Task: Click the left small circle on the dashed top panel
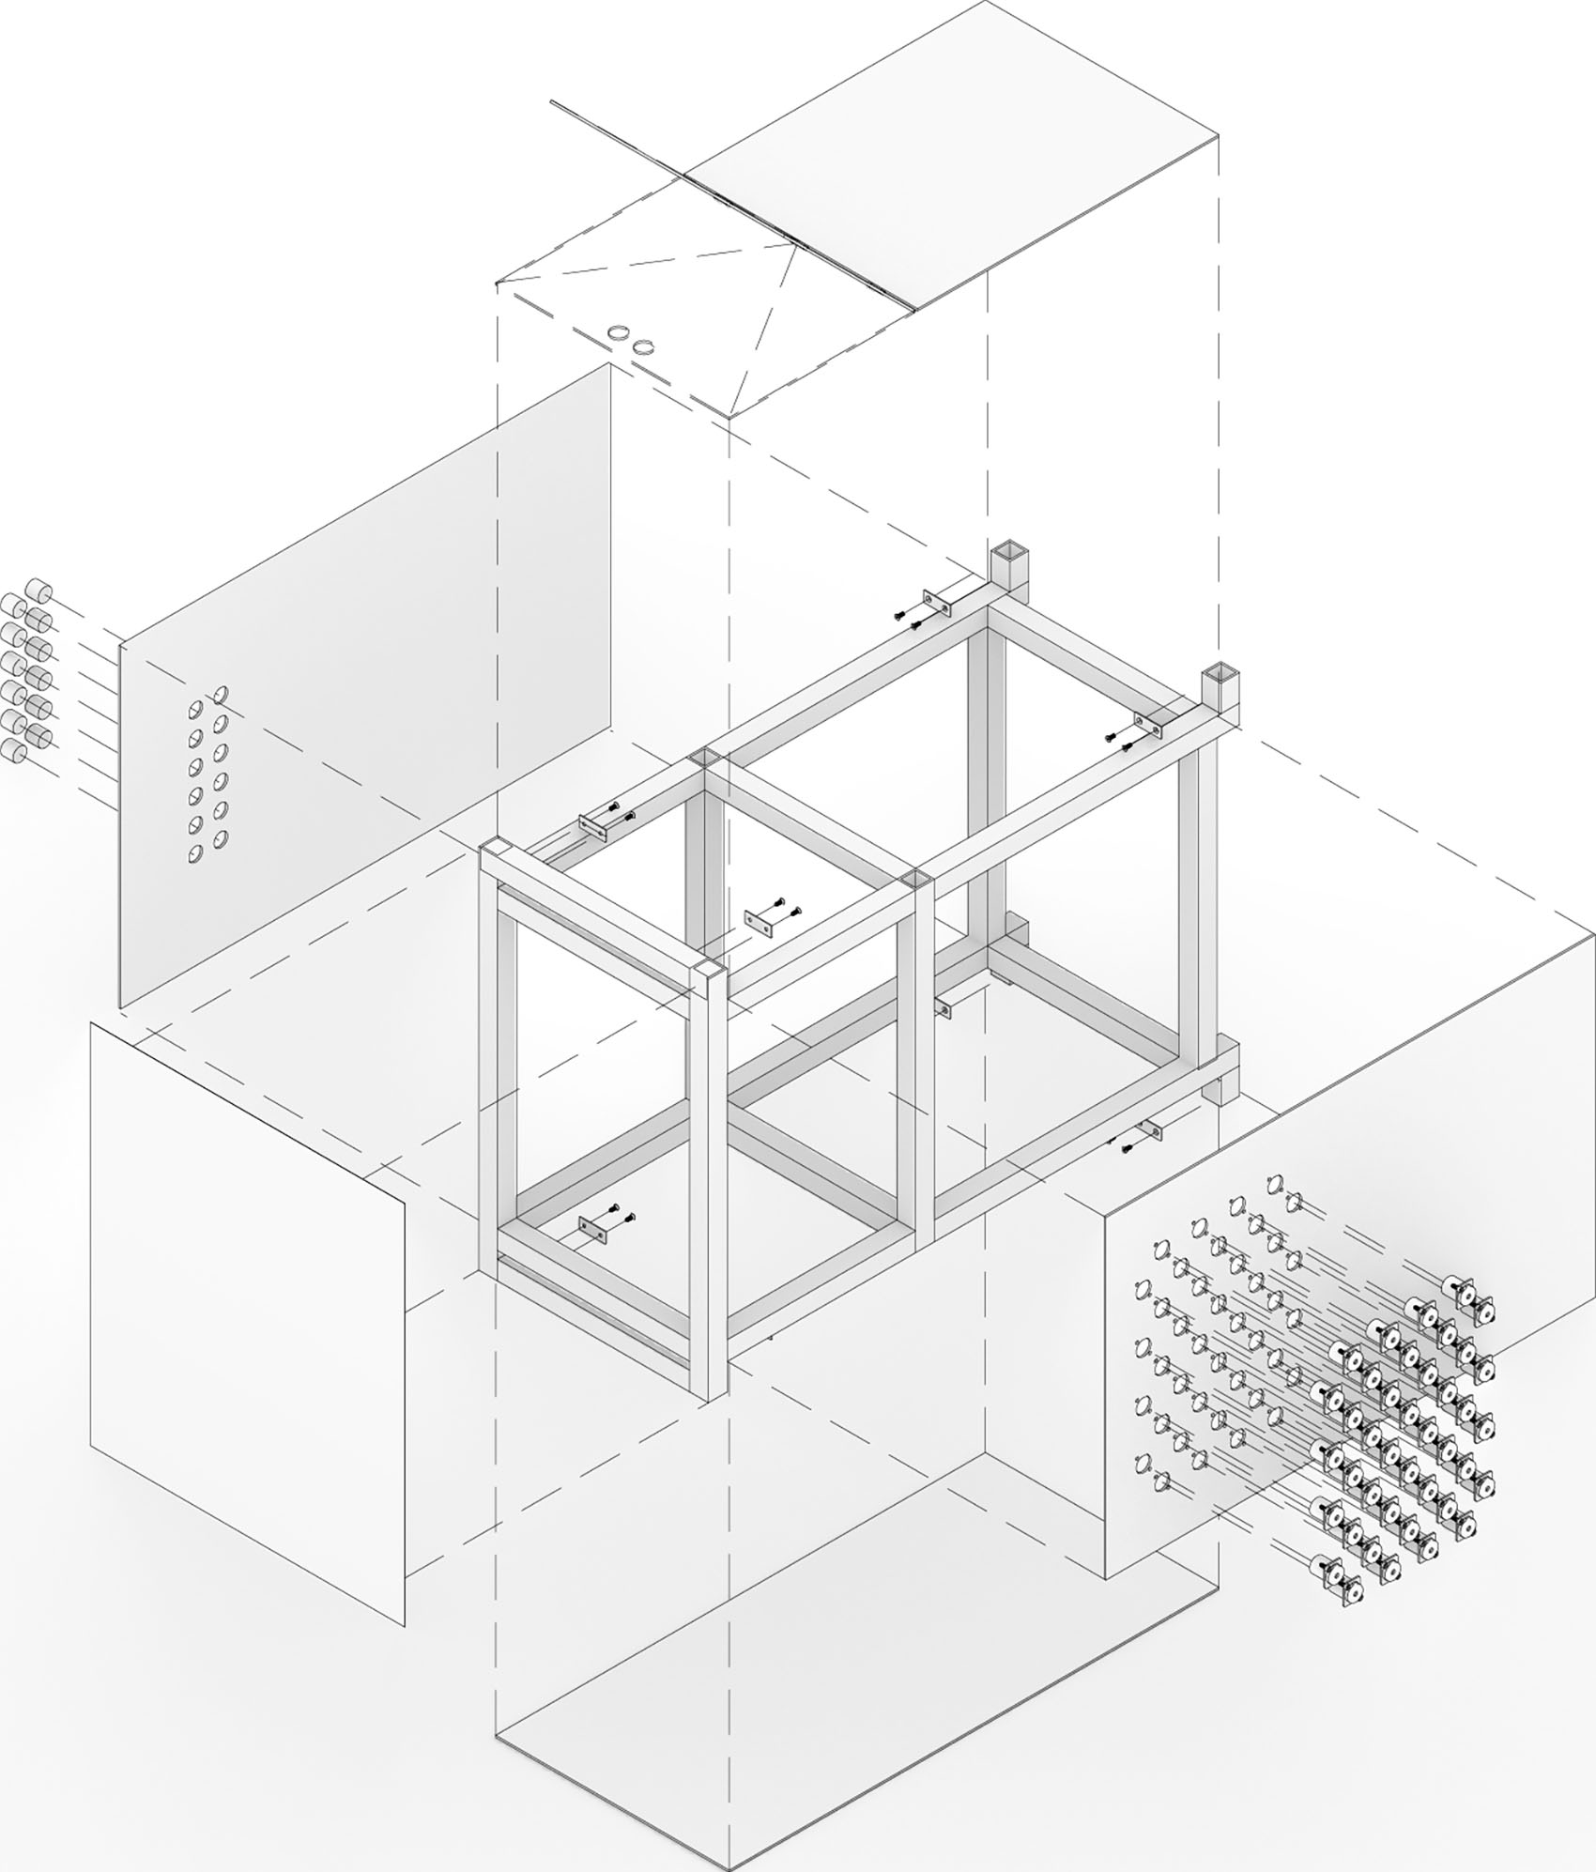(619, 332)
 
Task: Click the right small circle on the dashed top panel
(642, 346)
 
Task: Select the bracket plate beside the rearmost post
(937, 601)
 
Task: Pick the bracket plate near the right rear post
(1148, 724)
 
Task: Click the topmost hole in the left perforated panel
(223, 695)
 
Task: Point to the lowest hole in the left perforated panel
(196, 854)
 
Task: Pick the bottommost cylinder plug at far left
(14, 750)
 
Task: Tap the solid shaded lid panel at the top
(948, 155)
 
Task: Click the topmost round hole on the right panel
(1274, 1183)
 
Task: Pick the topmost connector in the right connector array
(1471, 1297)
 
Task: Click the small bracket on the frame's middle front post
(944, 1009)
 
